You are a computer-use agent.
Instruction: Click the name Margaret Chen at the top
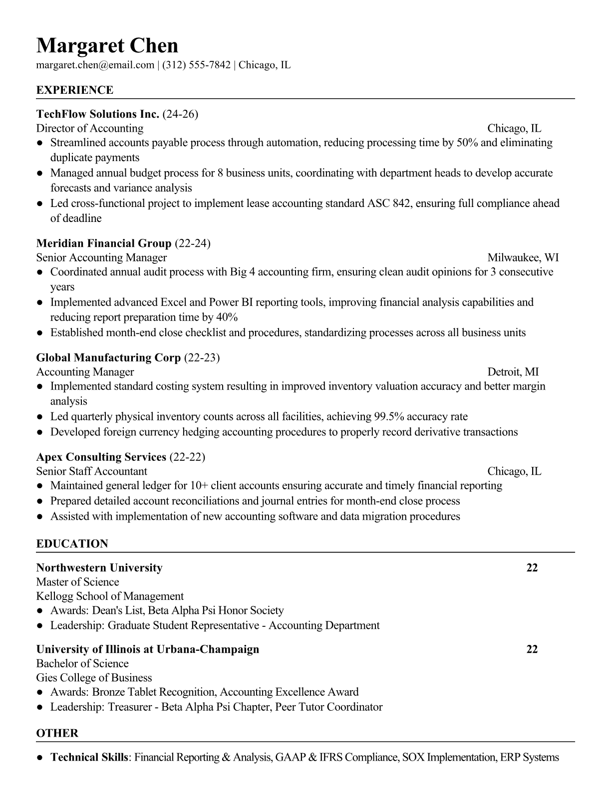(107, 46)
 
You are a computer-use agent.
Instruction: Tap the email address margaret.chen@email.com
(95, 65)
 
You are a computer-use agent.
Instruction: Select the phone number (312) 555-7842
(196, 65)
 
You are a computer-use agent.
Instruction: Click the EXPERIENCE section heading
(75, 90)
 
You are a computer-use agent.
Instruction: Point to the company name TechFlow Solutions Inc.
(98, 114)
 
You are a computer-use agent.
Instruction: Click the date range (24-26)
(180, 114)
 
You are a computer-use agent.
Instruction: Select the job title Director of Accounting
(90, 129)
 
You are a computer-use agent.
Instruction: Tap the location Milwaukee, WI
(523, 258)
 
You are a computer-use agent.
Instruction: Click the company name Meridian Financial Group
(104, 243)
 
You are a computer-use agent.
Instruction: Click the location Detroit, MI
(513, 372)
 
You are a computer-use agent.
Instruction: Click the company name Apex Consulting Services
(101, 457)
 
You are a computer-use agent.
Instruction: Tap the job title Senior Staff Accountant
(92, 472)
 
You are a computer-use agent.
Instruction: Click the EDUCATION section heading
(72, 544)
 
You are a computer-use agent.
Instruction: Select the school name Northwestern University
(99, 568)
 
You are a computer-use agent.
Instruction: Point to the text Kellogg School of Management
(110, 596)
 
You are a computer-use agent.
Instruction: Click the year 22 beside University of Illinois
(532, 649)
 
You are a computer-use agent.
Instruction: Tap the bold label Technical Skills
(89, 758)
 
